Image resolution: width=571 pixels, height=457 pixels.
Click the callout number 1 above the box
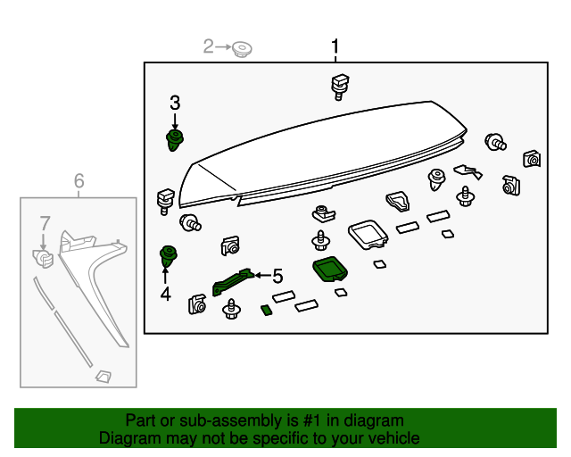click(335, 46)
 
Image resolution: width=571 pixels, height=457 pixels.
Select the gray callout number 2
click(209, 46)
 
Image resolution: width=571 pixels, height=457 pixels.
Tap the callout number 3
click(175, 103)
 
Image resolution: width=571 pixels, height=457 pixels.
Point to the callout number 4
click(165, 293)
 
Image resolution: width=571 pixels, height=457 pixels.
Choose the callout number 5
click(277, 277)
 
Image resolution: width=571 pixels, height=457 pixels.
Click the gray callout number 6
click(79, 182)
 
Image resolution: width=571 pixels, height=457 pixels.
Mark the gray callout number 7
click(43, 221)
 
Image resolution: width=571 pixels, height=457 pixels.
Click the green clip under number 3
click(175, 139)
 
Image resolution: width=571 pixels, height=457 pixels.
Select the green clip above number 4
click(166, 256)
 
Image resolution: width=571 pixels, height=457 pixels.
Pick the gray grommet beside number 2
click(240, 49)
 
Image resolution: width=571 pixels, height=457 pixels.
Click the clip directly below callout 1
click(338, 86)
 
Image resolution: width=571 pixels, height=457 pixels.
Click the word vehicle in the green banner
click(389, 438)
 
